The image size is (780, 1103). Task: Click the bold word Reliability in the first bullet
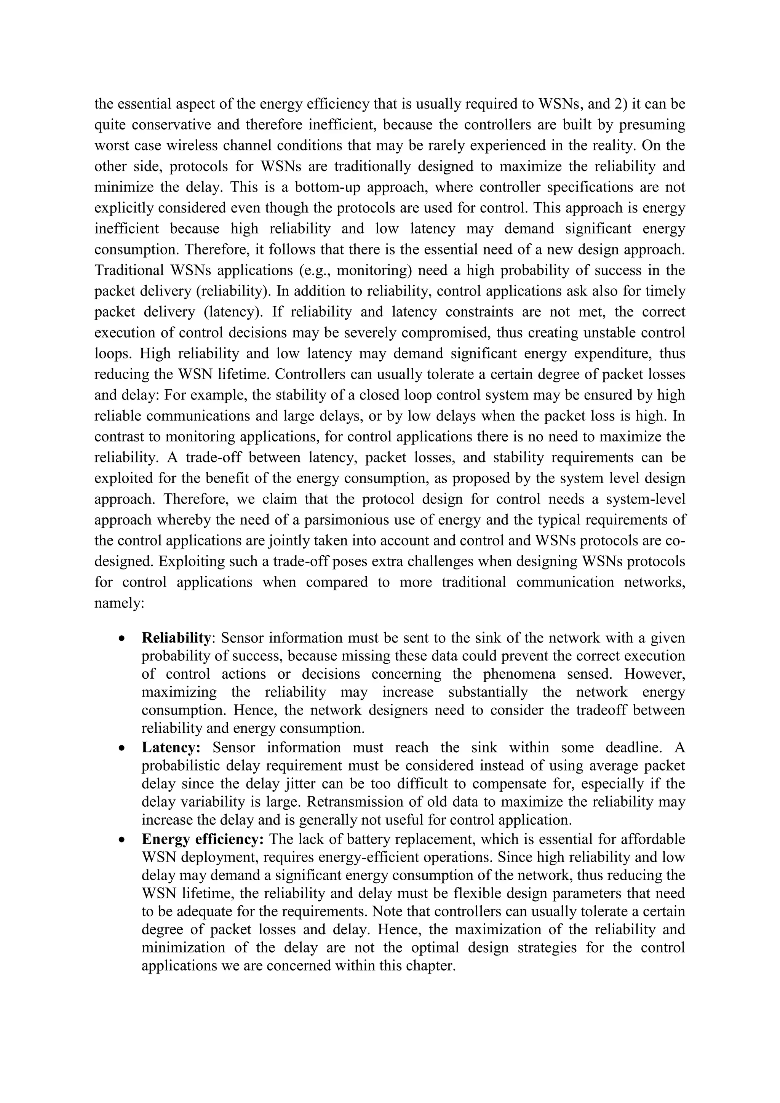(x=176, y=638)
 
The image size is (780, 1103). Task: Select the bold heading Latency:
(x=171, y=748)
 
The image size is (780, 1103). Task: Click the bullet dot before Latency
(x=123, y=748)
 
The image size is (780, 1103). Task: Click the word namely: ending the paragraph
(x=120, y=603)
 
